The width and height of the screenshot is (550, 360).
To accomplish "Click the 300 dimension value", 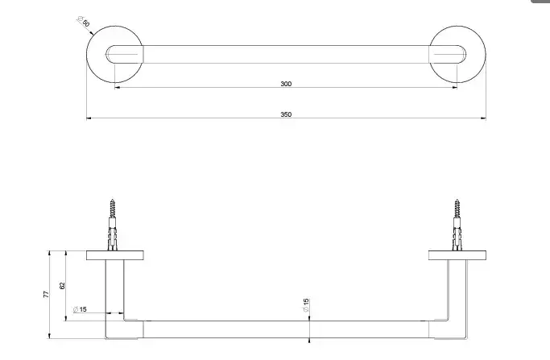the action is click(x=286, y=84).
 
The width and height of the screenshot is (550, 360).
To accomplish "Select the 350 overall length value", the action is click(x=286, y=114).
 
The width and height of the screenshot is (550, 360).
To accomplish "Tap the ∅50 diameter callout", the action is click(x=84, y=21).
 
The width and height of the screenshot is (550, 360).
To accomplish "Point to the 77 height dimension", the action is click(x=46, y=295).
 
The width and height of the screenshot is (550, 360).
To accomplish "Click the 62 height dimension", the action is click(x=63, y=286).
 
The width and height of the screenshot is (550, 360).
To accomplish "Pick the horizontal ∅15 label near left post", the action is click(x=80, y=309).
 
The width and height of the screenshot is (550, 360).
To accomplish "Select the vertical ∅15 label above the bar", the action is click(x=305, y=305).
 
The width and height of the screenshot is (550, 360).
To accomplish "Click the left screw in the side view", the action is click(x=112, y=225).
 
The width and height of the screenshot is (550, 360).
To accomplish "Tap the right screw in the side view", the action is click(x=457, y=225).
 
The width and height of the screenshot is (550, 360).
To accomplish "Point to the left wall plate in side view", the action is click(x=115, y=255).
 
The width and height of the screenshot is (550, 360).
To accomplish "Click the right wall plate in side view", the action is click(x=457, y=255).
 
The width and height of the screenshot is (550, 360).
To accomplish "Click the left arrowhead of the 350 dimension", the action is click(x=89, y=118).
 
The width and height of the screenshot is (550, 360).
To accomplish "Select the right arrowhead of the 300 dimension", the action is click(x=455, y=88).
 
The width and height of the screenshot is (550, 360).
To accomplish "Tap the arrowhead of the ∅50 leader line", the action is click(x=92, y=34).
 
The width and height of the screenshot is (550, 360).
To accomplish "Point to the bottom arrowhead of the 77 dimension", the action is click(x=49, y=336).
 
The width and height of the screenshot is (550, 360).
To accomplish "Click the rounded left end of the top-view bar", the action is click(x=106, y=55).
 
